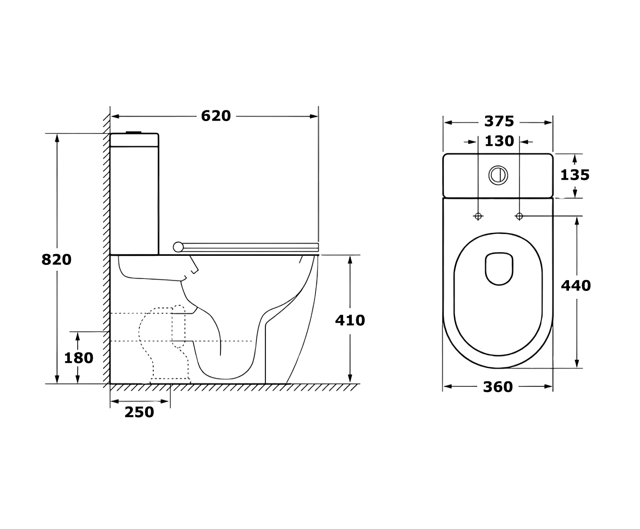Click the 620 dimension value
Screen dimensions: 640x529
point(216,116)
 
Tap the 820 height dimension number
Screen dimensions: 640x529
point(57,260)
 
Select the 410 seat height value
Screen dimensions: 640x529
point(350,320)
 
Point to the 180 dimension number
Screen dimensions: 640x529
point(78,358)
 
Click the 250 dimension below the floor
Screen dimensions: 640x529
point(139,412)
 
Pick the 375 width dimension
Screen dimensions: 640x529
point(499,122)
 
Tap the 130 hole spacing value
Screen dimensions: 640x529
point(499,141)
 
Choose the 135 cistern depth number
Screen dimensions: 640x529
point(575,175)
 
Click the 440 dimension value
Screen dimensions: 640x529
point(576,286)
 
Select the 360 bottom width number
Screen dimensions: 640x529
point(498,387)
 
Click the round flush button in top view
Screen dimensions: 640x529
point(498,175)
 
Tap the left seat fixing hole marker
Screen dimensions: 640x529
point(478,216)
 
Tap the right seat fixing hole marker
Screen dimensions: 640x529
point(519,216)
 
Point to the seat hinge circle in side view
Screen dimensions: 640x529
point(178,247)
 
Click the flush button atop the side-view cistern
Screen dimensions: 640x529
point(134,132)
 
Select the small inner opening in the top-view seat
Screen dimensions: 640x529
point(499,269)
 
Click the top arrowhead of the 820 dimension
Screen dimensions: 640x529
point(57,138)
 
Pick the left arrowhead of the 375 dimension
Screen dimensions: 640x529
point(448,123)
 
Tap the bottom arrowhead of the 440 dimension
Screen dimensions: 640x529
point(577,364)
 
